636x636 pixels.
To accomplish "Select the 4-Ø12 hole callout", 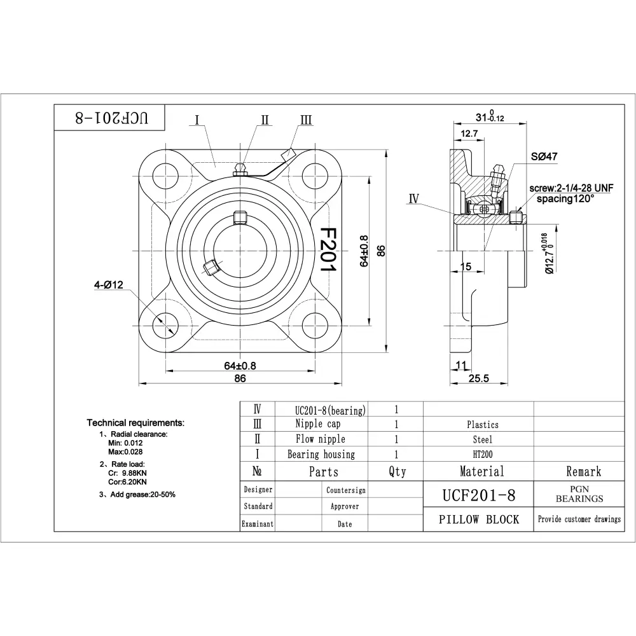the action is [x=109, y=285].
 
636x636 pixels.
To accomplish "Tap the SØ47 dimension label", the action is [x=544, y=156].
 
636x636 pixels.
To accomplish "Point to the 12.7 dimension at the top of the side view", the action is [x=469, y=133].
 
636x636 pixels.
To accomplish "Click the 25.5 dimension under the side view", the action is [x=479, y=378].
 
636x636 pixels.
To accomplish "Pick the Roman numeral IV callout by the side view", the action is [x=414, y=198].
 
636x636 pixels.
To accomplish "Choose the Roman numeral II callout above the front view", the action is [x=265, y=120].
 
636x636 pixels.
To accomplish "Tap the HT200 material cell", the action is [x=482, y=454].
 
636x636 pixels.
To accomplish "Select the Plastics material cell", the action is [x=482, y=425].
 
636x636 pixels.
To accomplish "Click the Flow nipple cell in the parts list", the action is [x=321, y=439].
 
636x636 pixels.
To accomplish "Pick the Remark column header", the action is [x=584, y=471].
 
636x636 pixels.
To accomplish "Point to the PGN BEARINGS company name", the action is [x=579, y=494].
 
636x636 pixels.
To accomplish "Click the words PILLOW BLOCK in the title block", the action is [x=479, y=519].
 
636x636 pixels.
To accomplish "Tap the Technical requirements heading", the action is [x=135, y=423].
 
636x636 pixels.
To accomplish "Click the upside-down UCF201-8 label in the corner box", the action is [x=111, y=118].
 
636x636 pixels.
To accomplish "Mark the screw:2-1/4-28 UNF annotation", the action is [x=571, y=188].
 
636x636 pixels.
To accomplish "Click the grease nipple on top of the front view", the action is [x=240, y=170].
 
